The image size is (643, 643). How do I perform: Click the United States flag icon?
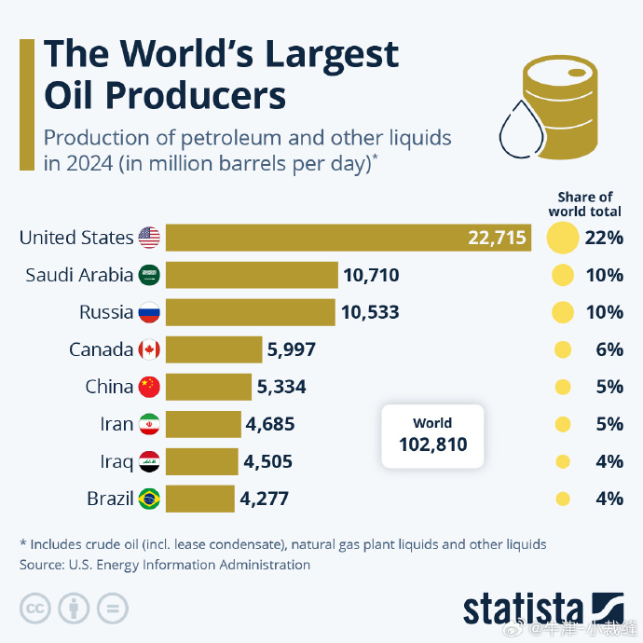click(149, 238)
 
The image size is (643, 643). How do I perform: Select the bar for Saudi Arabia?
click(252, 275)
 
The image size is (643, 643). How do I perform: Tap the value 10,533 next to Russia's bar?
click(370, 312)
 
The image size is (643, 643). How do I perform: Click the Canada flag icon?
click(149, 349)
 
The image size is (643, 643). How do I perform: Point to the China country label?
click(109, 387)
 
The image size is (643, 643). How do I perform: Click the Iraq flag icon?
click(149, 461)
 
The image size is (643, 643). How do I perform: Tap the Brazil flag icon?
click(149, 499)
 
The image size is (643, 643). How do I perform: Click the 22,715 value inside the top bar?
click(498, 238)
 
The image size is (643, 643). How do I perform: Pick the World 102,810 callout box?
click(433, 435)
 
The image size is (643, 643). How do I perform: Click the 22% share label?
click(604, 238)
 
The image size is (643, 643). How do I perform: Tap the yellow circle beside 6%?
click(562, 349)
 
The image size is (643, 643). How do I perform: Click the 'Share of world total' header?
click(585, 203)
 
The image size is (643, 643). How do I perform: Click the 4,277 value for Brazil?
click(264, 499)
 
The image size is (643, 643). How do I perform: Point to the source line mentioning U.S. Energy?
click(165, 565)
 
